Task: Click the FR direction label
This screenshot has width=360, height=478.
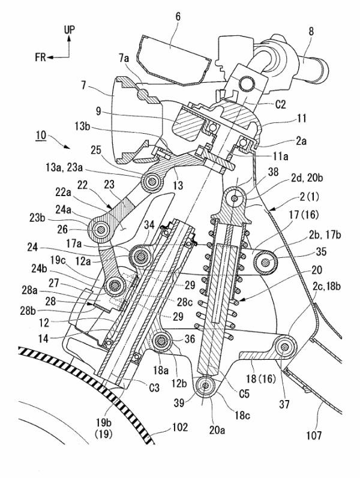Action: click(40, 56)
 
